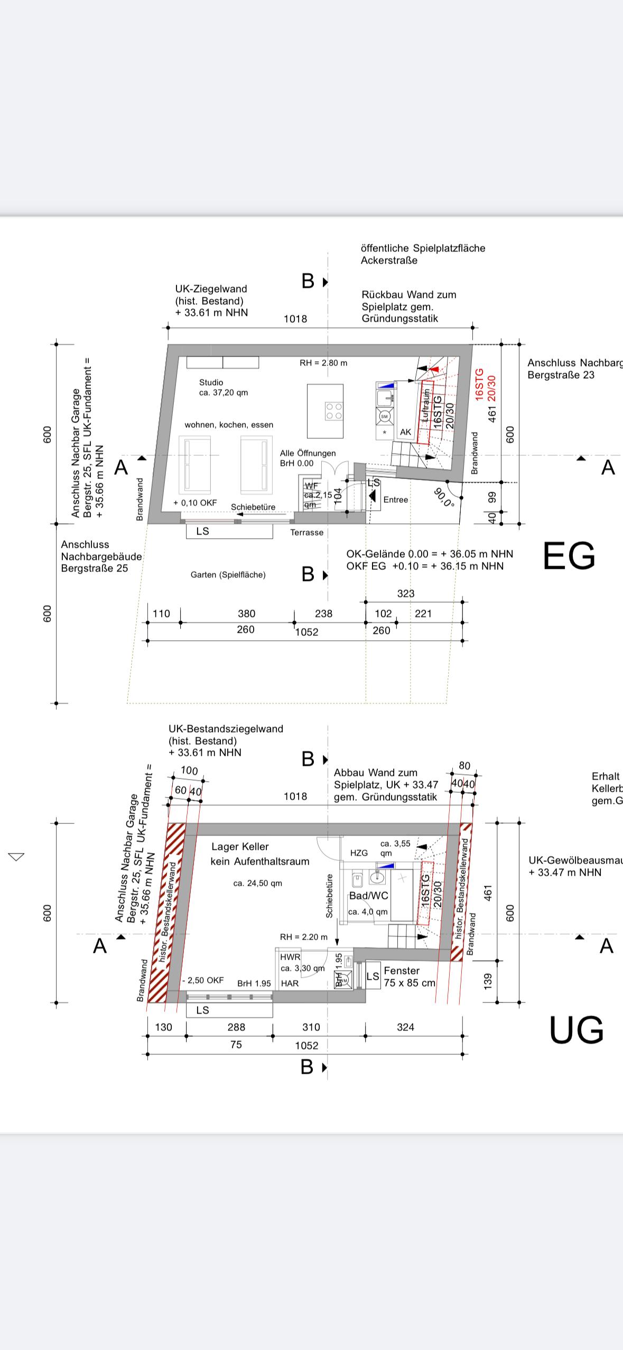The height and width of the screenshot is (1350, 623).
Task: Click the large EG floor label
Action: click(x=569, y=555)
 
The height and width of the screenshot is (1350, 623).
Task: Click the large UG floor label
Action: click(x=576, y=1030)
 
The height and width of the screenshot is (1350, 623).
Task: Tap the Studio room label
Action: click(x=211, y=382)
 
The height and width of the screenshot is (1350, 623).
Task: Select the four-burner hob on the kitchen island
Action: click(x=333, y=411)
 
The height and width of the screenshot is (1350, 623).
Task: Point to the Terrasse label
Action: click(x=306, y=532)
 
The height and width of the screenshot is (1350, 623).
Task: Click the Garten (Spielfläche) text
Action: click(x=228, y=575)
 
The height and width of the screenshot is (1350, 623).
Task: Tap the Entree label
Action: click(x=395, y=500)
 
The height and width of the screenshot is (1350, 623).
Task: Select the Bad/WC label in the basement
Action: click(x=368, y=896)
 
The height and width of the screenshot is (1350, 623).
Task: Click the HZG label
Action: click(x=359, y=853)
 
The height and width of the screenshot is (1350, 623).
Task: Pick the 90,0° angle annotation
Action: click(x=443, y=497)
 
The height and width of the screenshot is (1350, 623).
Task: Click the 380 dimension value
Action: click(x=246, y=614)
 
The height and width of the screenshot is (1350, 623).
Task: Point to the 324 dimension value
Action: click(x=405, y=1027)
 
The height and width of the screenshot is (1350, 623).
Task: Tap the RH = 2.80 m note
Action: click(x=323, y=363)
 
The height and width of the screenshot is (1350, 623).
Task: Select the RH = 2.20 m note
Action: click(x=303, y=937)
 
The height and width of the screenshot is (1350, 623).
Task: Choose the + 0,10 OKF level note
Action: click(x=195, y=503)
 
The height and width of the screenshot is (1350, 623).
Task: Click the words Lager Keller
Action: click(x=240, y=847)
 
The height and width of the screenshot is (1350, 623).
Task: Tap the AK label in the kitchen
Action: click(x=405, y=432)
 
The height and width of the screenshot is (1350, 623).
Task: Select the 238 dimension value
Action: click(x=323, y=614)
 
